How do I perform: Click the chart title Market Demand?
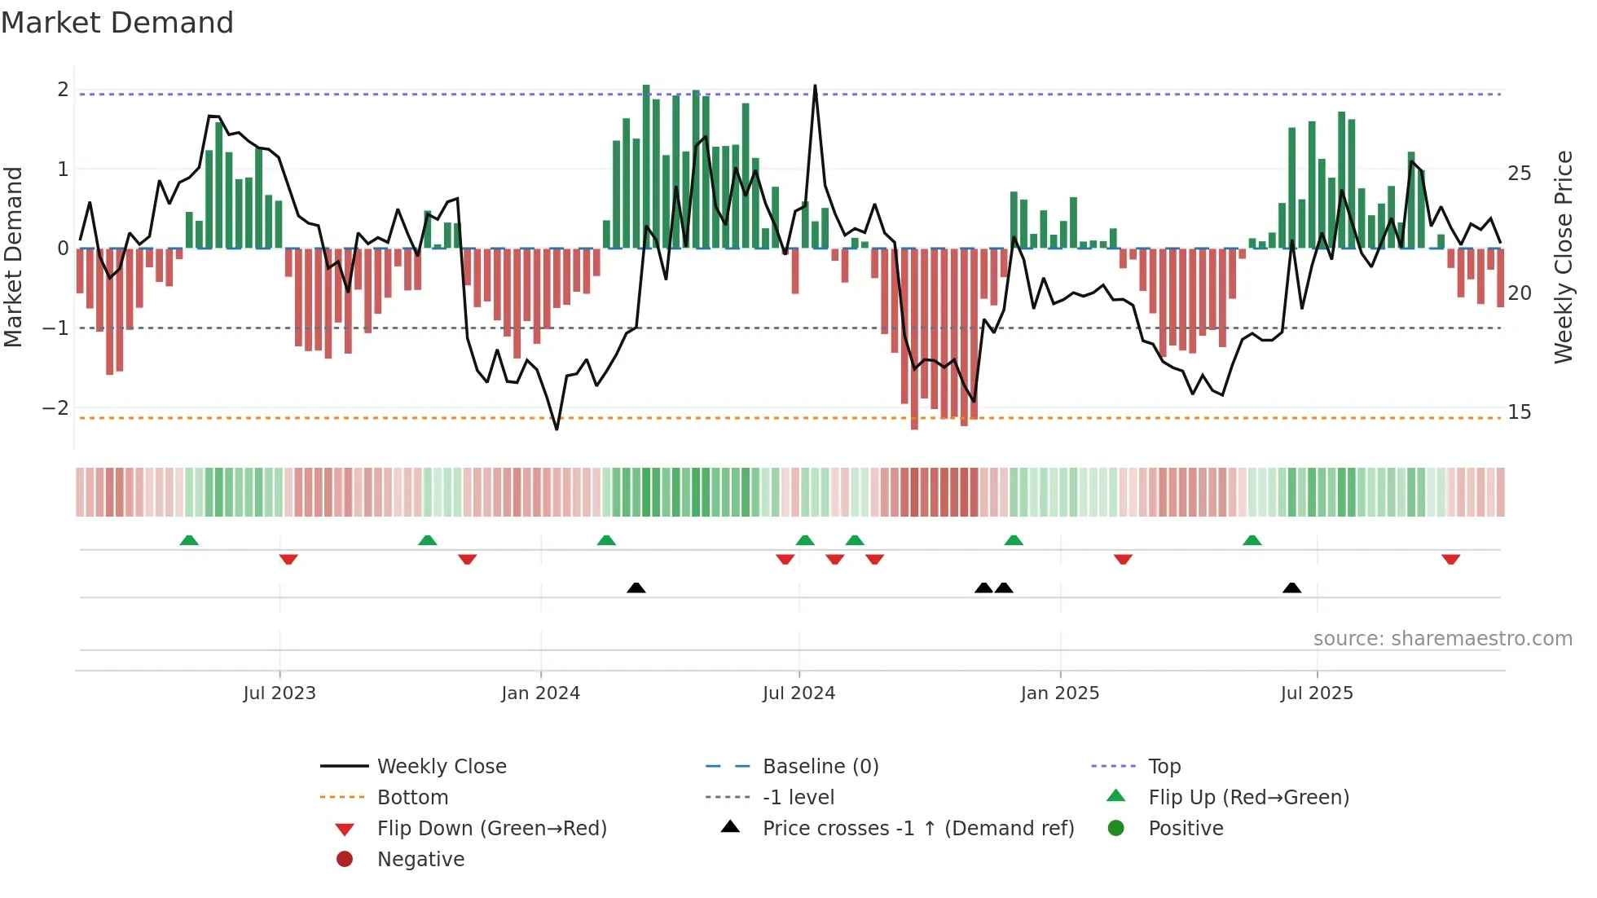click(117, 23)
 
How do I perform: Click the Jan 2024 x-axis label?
click(540, 693)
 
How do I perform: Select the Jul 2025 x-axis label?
click(1316, 693)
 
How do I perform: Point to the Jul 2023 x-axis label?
click(279, 693)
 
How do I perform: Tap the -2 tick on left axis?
click(56, 407)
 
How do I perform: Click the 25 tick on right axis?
click(1519, 174)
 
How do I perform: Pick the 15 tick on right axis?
click(1519, 412)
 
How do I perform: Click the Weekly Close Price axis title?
click(1563, 257)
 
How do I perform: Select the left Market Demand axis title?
click(14, 257)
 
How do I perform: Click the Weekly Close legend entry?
click(441, 767)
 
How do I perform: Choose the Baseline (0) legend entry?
click(820, 767)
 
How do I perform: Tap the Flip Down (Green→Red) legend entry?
click(491, 829)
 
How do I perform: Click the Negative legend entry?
click(420, 860)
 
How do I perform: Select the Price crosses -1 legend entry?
click(917, 829)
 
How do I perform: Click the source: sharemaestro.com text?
click(1442, 639)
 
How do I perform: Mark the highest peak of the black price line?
click(815, 86)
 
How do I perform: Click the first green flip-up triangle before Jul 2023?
click(189, 540)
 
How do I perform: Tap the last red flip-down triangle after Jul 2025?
click(1450, 559)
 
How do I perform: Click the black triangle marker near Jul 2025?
click(1291, 588)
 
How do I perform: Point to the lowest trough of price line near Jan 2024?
click(557, 429)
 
